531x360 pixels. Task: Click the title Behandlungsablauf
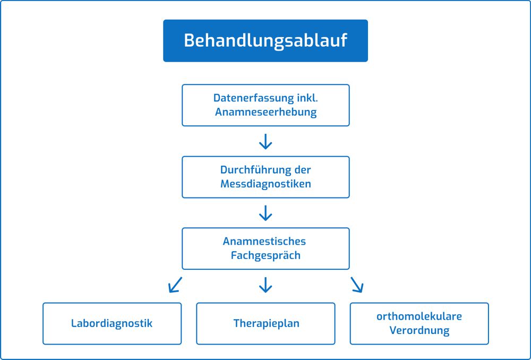pyautogui.click(x=265, y=41)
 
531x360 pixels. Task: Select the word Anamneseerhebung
pyautogui.click(x=266, y=112)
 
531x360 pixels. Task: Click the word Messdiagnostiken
pyautogui.click(x=265, y=184)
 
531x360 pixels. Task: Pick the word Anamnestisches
pyautogui.click(x=264, y=242)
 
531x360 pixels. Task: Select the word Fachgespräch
pyautogui.click(x=265, y=255)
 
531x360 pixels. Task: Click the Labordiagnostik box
pyautogui.click(x=112, y=323)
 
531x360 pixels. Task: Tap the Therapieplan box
pyautogui.click(x=265, y=323)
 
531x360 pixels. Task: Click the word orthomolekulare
pyautogui.click(x=419, y=316)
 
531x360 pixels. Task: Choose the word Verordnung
pyautogui.click(x=419, y=330)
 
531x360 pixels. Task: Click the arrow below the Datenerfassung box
pyautogui.click(x=265, y=142)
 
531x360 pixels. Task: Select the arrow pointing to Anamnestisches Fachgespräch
pyautogui.click(x=265, y=213)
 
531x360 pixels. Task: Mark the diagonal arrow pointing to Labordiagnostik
pyautogui.click(x=175, y=285)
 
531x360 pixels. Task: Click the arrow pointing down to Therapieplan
pyautogui.click(x=265, y=285)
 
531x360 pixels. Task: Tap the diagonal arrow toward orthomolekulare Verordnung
pyautogui.click(x=357, y=285)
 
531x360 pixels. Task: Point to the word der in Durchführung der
pyautogui.click(x=301, y=170)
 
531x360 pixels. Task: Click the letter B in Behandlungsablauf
pyautogui.click(x=190, y=40)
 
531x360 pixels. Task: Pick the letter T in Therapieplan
pyautogui.click(x=237, y=323)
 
